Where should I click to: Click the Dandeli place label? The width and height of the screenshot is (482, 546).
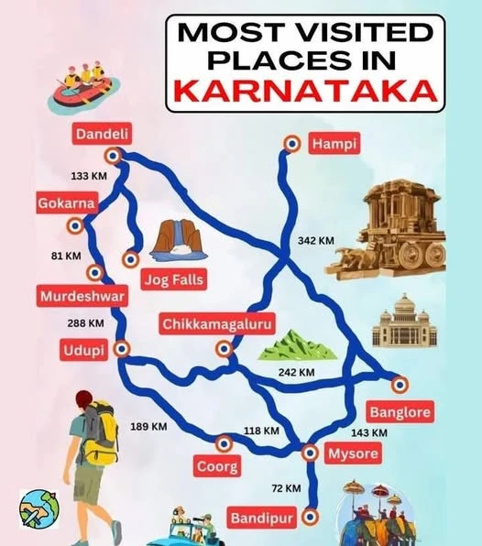click(102, 135)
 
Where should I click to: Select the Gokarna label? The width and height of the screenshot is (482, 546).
click(60, 202)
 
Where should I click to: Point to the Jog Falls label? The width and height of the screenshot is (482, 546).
click(172, 278)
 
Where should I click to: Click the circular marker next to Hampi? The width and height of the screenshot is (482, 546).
click(291, 144)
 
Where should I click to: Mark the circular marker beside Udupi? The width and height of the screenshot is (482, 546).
click(122, 349)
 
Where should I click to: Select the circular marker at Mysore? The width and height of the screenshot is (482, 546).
click(310, 453)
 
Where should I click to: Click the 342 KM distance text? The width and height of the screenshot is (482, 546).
click(316, 240)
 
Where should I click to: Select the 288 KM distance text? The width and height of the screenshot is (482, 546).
click(86, 322)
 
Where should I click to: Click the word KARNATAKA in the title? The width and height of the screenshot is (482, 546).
click(304, 91)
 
